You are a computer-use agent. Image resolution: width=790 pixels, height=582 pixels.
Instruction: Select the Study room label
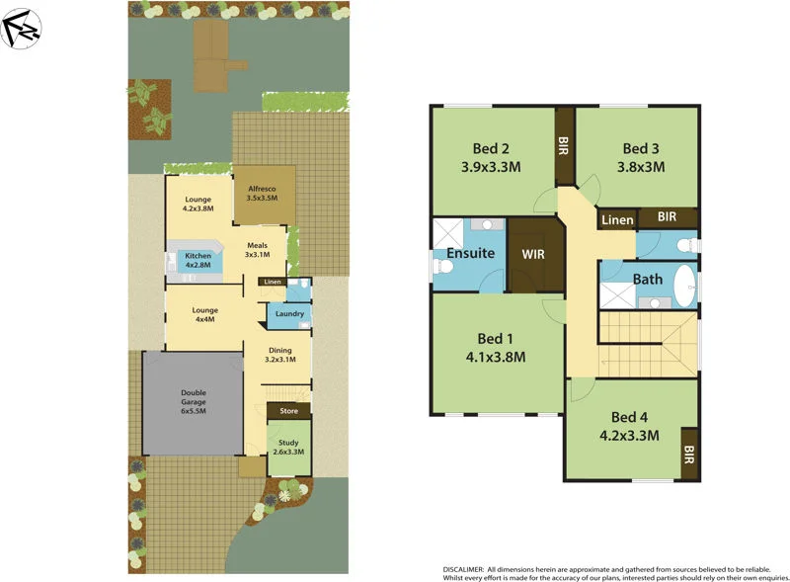coord(288,446)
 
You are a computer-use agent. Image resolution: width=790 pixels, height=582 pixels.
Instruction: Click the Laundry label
coord(289,314)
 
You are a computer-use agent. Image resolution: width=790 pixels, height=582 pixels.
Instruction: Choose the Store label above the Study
coord(288,410)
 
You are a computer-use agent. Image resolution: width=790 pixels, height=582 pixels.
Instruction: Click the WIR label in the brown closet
coord(533,254)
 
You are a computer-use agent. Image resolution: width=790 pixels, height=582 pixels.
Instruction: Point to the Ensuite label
coord(470,253)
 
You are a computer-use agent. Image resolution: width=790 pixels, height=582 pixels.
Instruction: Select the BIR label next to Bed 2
coord(564,147)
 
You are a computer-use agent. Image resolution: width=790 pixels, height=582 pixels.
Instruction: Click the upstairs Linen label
coord(617,219)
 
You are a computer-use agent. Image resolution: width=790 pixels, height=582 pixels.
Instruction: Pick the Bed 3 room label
coord(640,149)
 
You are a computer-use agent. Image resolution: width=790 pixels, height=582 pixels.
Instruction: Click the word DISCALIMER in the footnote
coord(468,570)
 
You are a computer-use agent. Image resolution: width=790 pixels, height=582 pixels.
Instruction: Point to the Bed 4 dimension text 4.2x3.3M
coord(628,434)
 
